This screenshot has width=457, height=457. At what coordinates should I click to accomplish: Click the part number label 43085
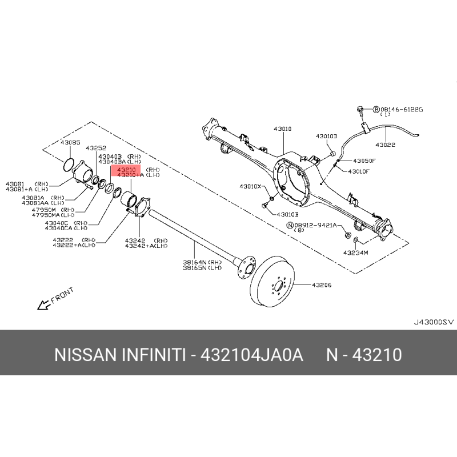(71, 142)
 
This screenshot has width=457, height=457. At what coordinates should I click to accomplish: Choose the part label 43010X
(250, 186)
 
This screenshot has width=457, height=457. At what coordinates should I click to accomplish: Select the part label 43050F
(363, 161)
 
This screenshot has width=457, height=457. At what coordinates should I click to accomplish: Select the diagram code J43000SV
(432, 322)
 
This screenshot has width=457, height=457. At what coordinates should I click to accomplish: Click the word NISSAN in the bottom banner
(86, 355)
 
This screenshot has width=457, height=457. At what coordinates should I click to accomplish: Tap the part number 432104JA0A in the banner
(251, 355)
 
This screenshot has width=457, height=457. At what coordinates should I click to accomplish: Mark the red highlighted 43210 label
(127, 170)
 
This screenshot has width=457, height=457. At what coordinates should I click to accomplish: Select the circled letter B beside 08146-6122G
(376, 109)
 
